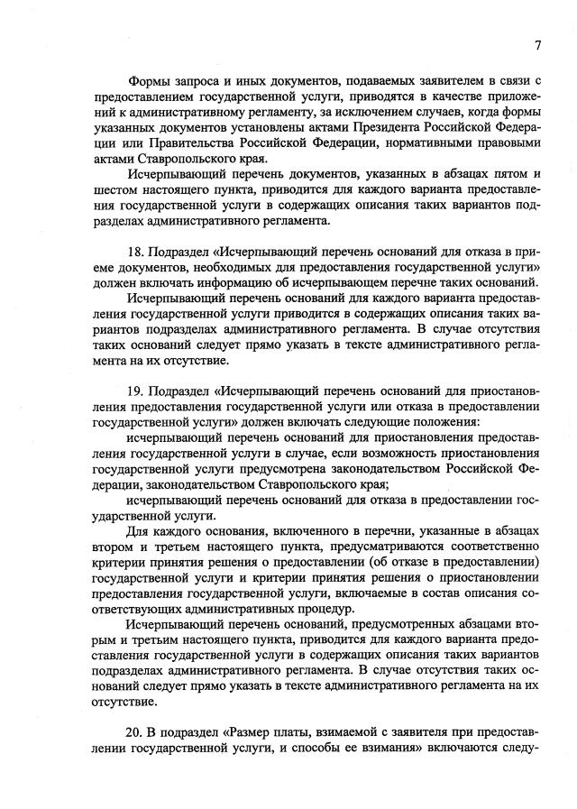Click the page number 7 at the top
[x=536, y=45]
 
